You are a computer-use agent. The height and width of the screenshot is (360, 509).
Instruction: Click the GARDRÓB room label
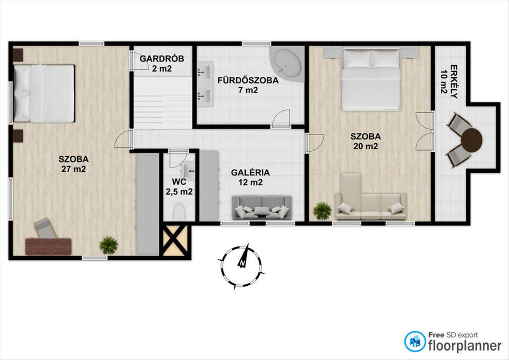pos(162,59)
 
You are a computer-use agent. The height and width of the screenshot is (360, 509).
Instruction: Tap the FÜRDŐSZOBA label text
pos(248,81)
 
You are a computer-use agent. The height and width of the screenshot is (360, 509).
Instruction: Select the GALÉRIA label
pos(250,173)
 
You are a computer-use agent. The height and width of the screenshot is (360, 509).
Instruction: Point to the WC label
pos(179,182)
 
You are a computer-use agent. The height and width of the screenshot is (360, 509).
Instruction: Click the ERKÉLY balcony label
pos(454,82)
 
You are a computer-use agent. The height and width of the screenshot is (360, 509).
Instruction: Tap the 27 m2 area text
pos(74,169)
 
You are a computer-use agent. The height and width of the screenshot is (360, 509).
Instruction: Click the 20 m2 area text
pos(366,146)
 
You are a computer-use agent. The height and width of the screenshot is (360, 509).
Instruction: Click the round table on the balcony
pos(472,140)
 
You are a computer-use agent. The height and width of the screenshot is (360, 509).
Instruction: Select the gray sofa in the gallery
pos(262,208)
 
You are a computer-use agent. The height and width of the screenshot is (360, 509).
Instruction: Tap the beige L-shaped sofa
pos(371,197)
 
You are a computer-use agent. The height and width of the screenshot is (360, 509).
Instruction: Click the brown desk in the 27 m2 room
pos(48,247)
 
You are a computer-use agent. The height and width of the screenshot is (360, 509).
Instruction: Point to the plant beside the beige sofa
pos(322,211)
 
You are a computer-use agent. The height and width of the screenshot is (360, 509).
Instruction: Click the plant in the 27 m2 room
pos(109,245)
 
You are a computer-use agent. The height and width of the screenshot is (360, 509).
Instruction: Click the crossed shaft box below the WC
pos(175,241)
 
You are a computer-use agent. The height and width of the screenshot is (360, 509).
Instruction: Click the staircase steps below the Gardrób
pos(162,103)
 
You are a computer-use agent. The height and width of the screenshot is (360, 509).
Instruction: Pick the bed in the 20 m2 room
pos(371,80)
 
